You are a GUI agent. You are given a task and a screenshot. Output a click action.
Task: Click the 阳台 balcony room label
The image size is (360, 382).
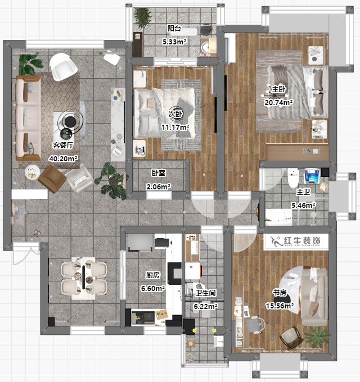pos(174,29)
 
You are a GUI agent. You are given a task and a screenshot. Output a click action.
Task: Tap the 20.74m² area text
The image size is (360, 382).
pos(279,103)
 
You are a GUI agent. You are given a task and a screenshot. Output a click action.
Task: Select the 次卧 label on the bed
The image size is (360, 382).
pos(175,114)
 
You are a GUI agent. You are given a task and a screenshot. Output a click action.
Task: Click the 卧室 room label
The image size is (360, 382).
pos(157,174)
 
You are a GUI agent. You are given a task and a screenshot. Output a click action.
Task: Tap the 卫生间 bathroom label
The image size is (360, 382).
pos(206,293)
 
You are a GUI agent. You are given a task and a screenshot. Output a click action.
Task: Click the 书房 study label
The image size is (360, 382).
pos(280,293)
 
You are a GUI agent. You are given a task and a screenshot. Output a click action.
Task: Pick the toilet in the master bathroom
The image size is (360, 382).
pos(292,177)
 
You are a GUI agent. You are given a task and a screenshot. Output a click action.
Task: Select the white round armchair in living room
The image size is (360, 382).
pos(63,68)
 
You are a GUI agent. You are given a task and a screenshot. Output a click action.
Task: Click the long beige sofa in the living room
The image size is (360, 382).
pos(26,118)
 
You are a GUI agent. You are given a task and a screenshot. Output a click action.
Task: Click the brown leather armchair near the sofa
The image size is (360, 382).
pos(52,179)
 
